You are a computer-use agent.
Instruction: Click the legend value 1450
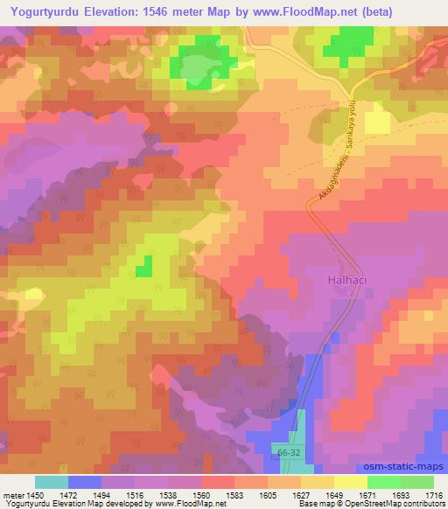[34, 495]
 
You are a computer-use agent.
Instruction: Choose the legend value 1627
[299, 495]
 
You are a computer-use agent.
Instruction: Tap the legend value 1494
[101, 495]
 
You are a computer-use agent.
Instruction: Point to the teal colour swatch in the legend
[51, 482]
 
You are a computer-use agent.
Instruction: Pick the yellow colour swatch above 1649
[350, 482]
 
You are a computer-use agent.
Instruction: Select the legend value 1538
[167, 495]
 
